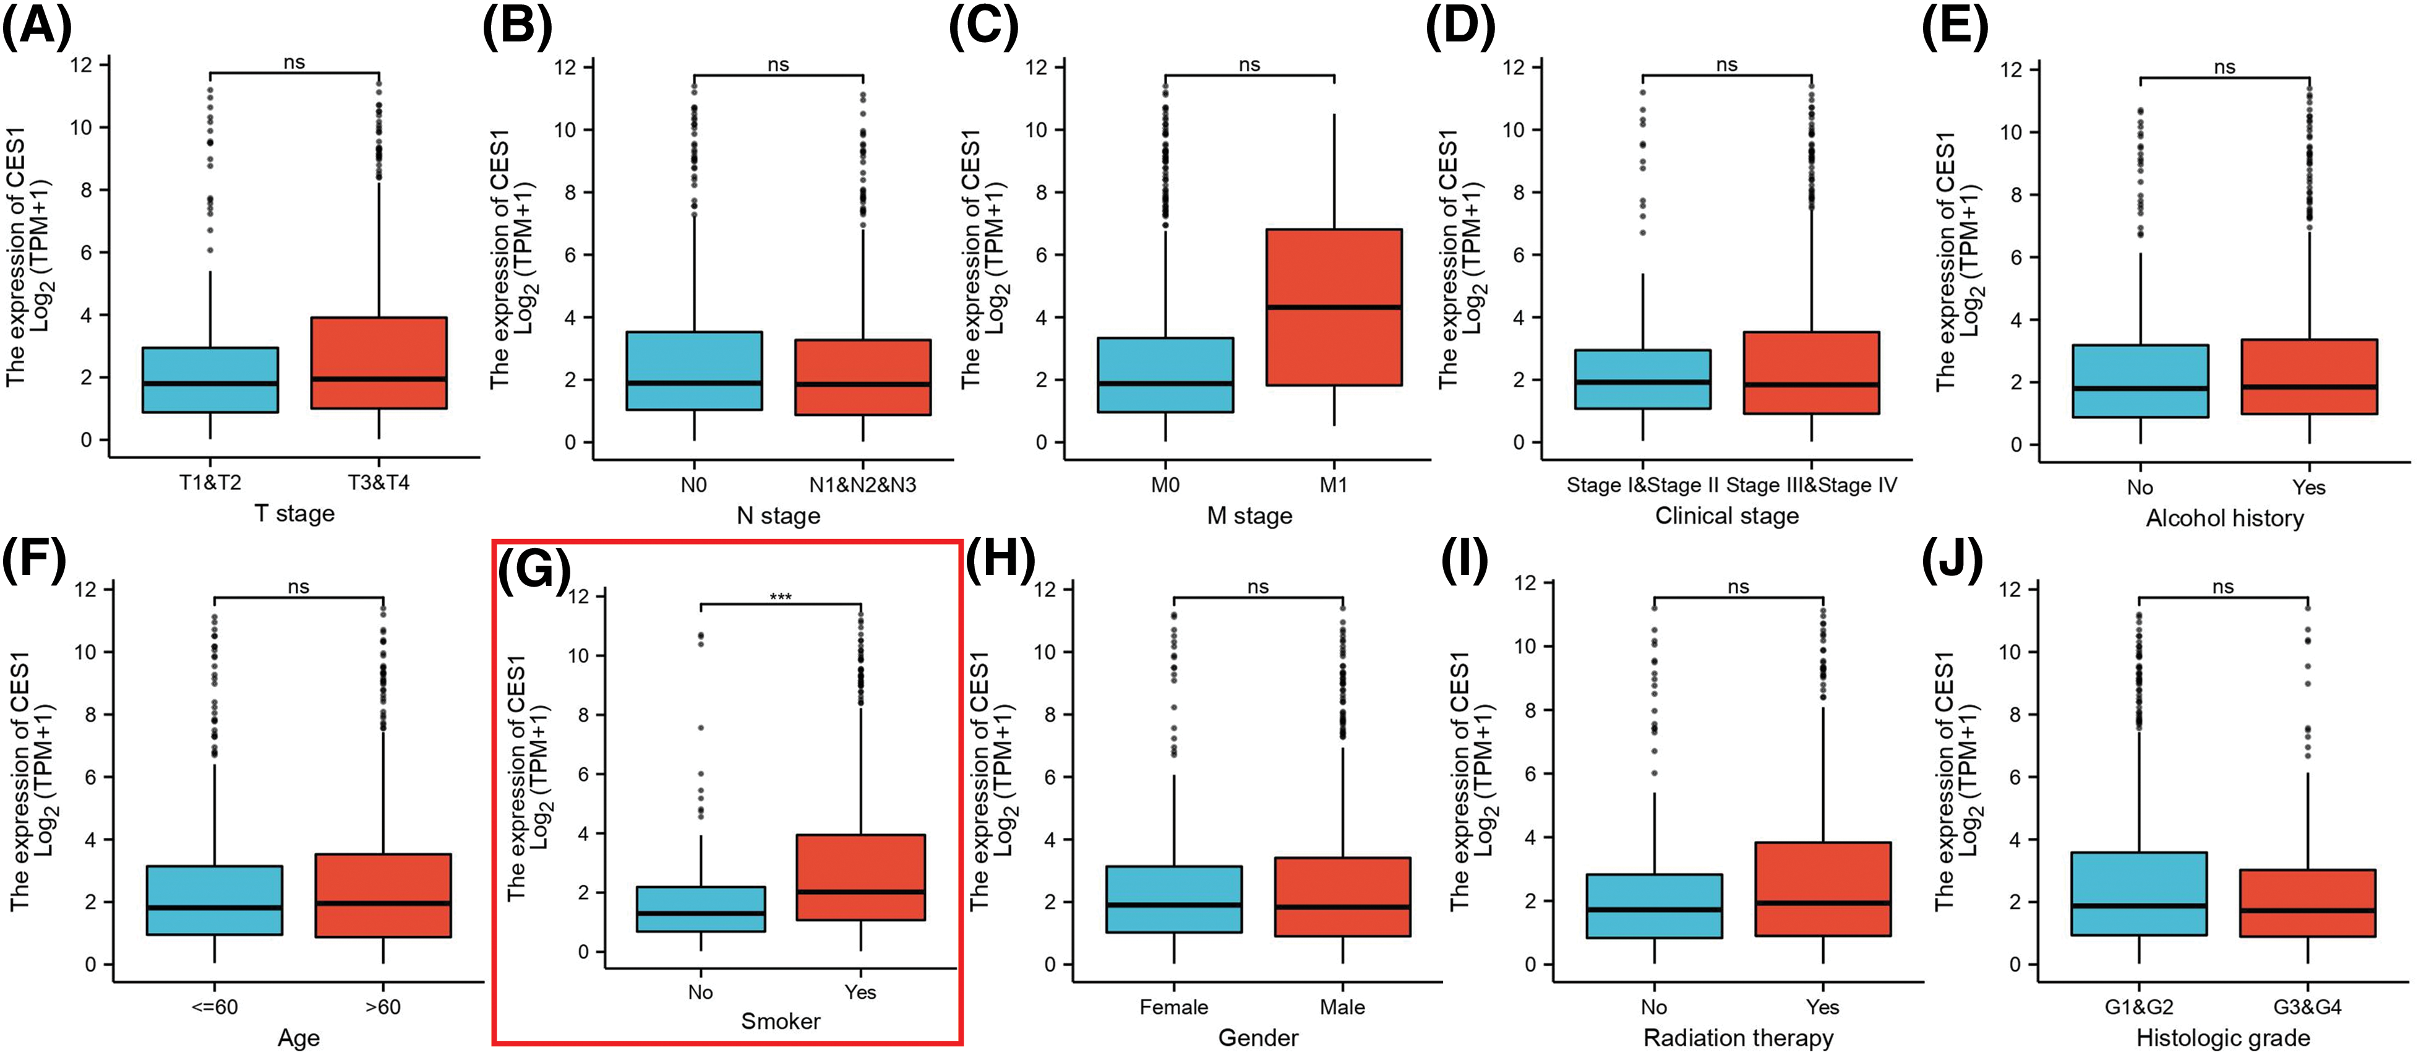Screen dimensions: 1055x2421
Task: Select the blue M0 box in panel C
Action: (x=1165, y=374)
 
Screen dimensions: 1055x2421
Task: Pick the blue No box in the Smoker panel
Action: (x=700, y=908)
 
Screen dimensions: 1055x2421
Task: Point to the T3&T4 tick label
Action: (x=379, y=483)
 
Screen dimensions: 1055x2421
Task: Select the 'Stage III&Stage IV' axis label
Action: (x=1811, y=485)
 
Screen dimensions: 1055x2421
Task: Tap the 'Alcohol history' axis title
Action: (x=2224, y=518)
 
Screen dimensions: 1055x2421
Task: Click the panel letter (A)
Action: (x=36, y=27)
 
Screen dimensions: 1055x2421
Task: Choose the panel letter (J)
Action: (x=1951, y=561)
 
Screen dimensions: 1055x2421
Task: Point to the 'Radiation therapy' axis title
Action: (x=1738, y=1038)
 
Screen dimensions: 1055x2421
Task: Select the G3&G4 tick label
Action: (x=2307, y=1007)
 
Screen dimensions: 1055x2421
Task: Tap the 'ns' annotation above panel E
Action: (x=2224, y=67)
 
